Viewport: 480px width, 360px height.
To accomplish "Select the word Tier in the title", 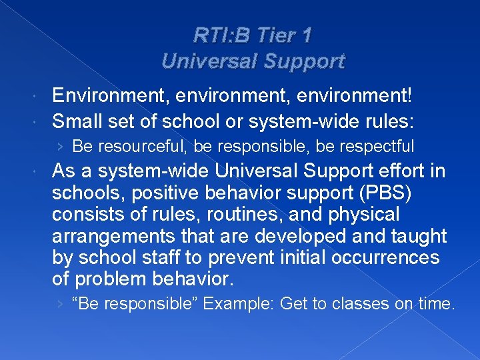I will tap(271, 34).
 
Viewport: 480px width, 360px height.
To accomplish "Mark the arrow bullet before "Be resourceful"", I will tap(61, 145).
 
